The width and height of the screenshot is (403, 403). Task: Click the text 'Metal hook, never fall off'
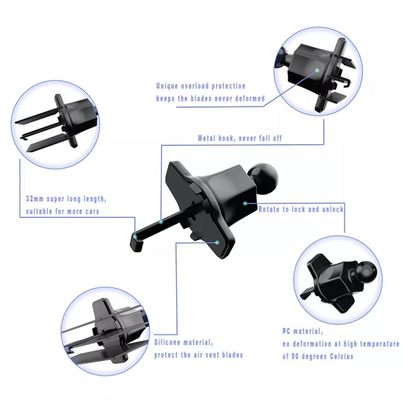tap(240, 138)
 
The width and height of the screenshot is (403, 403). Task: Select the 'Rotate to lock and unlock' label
tap(301, 209)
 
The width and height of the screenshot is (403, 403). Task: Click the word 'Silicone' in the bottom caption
tap(170, 342)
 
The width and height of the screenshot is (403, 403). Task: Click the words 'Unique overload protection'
tap(201, 86)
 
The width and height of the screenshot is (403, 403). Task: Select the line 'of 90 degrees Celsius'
tap(318, 357)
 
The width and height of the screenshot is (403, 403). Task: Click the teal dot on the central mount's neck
tap(244, 203)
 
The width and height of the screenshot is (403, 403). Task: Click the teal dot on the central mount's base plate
tap(217, 242)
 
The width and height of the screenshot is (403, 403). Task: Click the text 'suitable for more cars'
tap(63, 211)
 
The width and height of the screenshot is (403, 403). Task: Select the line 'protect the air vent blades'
tap(198, 355)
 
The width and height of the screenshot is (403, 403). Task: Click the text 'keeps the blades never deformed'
tap(210, 98)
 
